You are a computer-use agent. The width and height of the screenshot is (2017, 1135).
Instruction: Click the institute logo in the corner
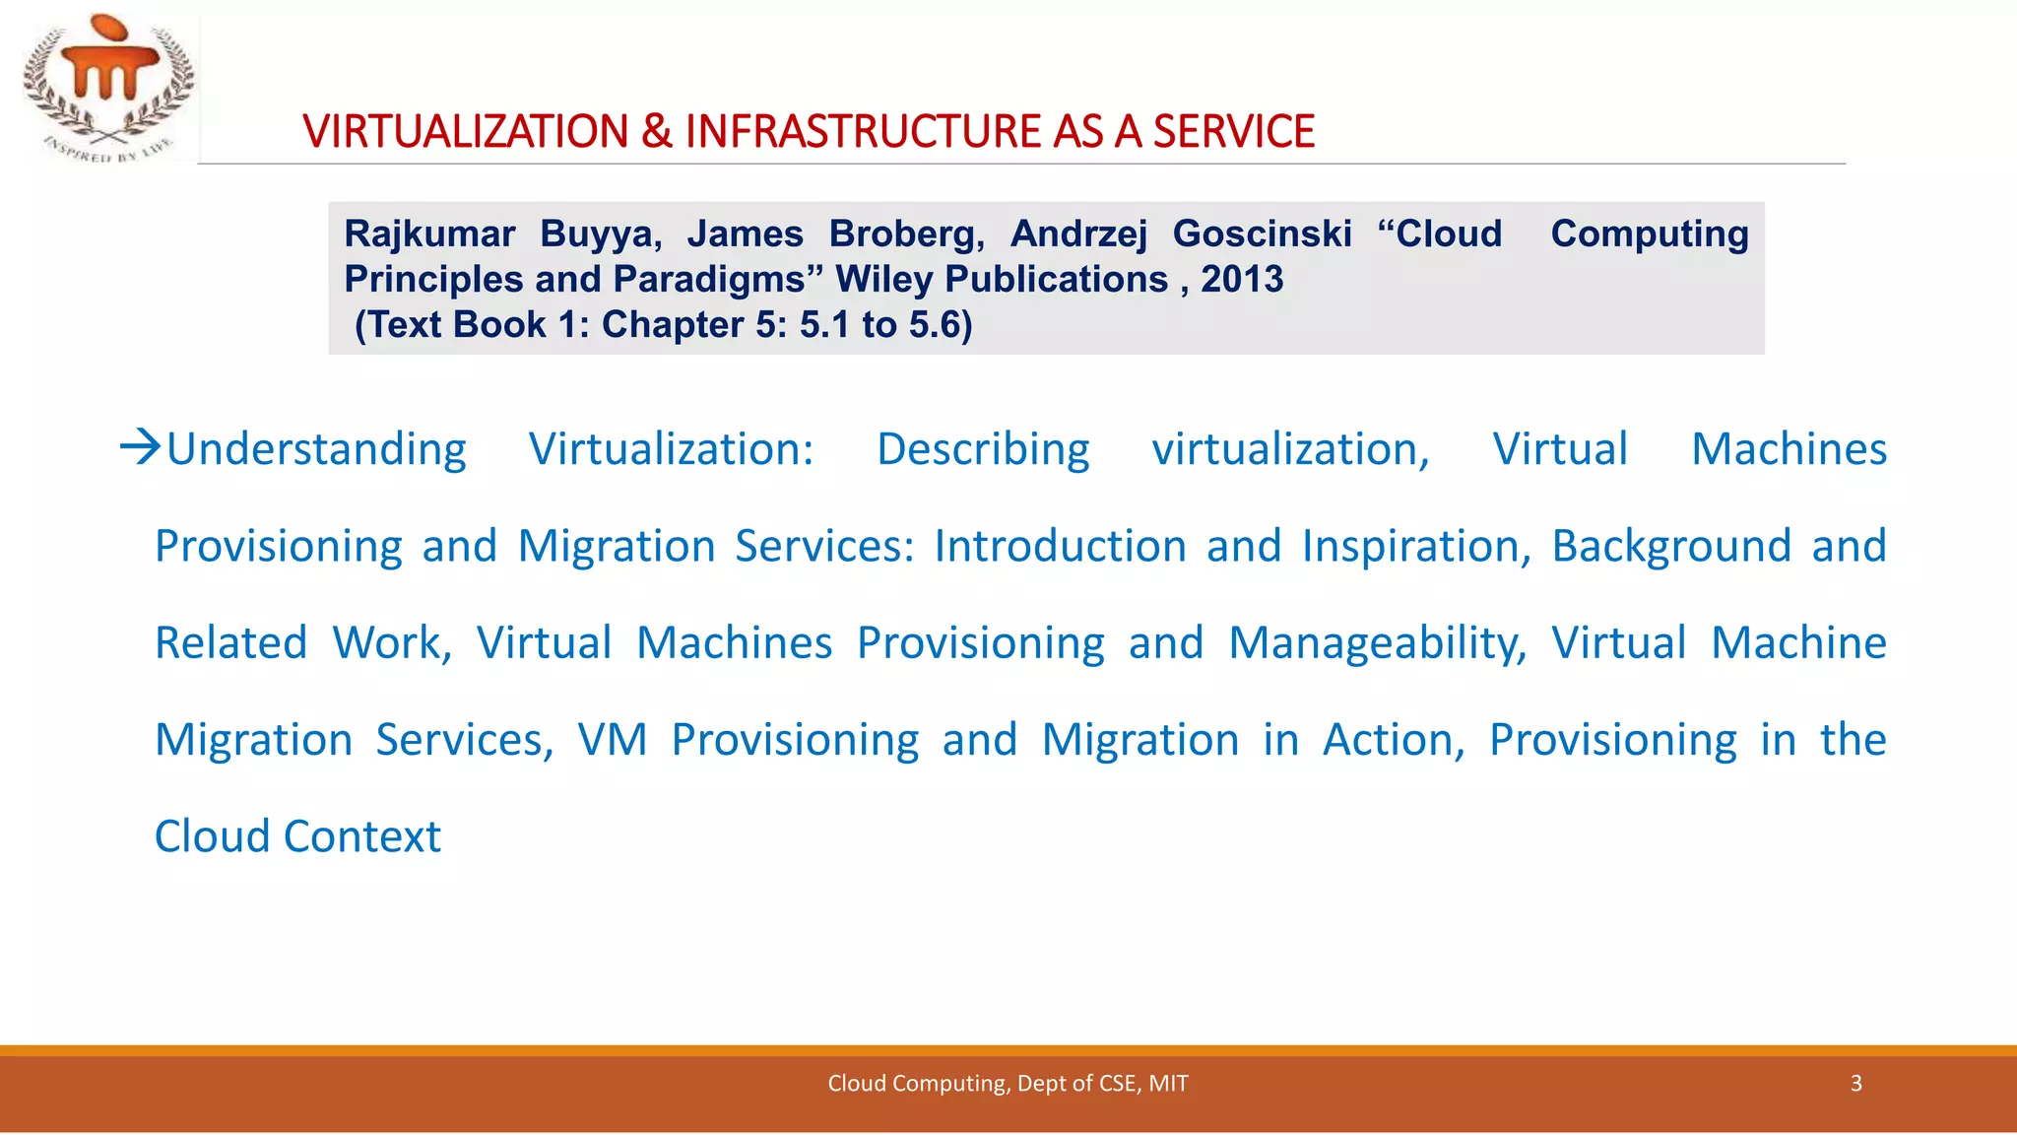click(107, 86)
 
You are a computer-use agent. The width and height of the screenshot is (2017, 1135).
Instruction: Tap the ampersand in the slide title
click(656, 132)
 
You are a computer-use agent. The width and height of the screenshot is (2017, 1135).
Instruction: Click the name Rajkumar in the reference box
click(429, 234)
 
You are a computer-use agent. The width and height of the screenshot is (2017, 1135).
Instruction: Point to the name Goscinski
click(1262, 234)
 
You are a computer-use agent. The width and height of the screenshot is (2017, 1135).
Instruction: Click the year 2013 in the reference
click(1242, 280)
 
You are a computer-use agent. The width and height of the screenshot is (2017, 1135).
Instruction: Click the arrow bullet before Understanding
click(140, 447)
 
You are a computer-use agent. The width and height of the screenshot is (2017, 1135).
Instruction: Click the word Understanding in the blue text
click(316, 450)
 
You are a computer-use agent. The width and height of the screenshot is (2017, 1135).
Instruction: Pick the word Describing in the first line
click(983, 450)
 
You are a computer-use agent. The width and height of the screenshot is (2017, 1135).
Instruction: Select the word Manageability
click(1377, 643)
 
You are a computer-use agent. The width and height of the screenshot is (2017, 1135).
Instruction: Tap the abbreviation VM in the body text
click(612, 740)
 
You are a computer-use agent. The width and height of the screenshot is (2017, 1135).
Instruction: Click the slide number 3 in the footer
click(1855, 1084)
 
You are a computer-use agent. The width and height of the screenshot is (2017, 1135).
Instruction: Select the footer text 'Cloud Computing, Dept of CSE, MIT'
click(1008, 1084)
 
